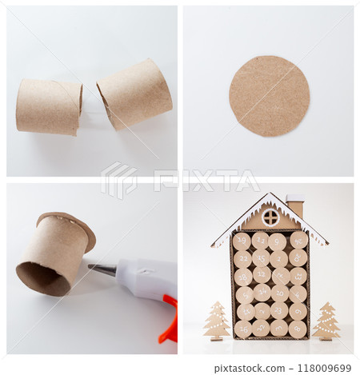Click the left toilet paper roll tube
point(48,106)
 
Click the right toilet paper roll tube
point(134,93)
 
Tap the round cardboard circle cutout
point(269,96)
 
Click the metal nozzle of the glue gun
point(102,269)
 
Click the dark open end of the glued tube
point(42,278)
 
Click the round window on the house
point(270,217)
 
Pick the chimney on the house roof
point(295,206)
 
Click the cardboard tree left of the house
point(216,320)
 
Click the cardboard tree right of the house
point(326,321)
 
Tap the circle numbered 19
point(242,241)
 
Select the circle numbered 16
point(243,329)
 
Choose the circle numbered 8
point(298,328)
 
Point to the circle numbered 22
point(242,258)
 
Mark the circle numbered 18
point(242,277)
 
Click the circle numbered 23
point(278,310)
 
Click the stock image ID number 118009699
point(323,368)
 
